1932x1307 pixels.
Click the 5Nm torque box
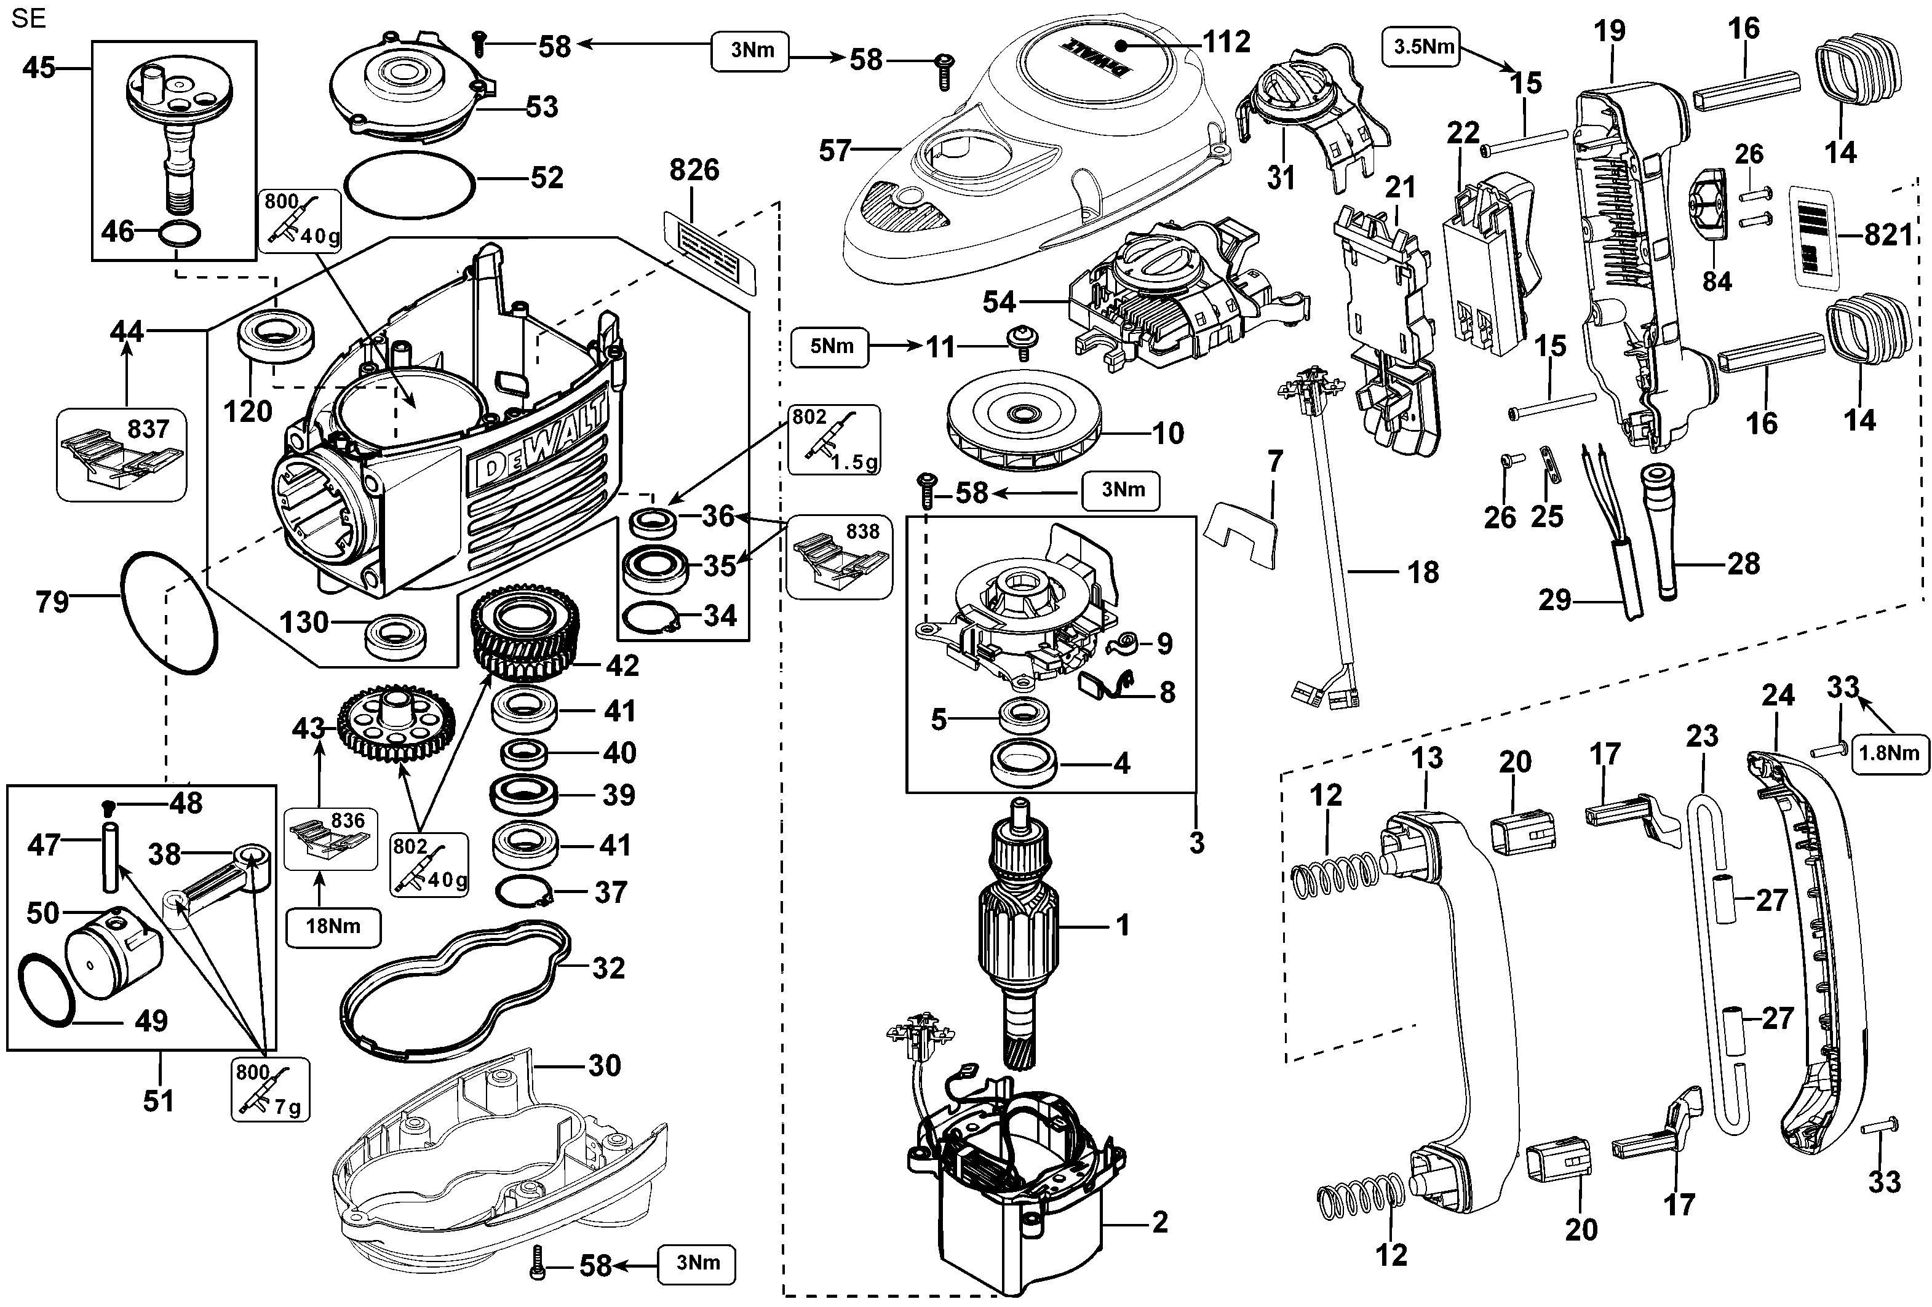point(830,347)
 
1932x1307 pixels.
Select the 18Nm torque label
point(333,926)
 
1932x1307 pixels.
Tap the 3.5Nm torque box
point(1423,47)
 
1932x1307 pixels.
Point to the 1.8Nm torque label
point(1889,753)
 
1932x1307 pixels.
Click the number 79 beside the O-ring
point(52,601)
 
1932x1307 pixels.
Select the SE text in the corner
point(28,18)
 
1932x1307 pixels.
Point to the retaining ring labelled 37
point(523,893)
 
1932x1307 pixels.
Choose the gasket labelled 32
point(456,990)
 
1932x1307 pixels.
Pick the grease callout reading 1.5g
point(833,439)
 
